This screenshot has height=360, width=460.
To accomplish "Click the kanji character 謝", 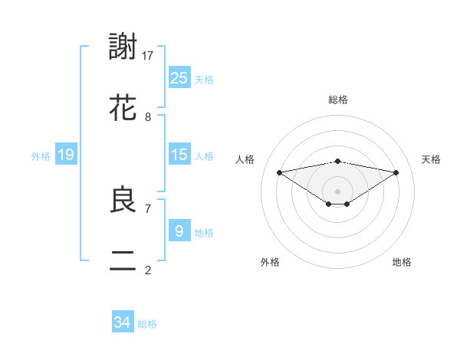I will click(123, 47).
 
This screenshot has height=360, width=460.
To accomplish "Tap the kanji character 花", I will click(123, 109).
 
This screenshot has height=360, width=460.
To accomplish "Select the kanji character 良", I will click(123, 200).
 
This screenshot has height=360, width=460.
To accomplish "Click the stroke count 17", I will click(148, 55).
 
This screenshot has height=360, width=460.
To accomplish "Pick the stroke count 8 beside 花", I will click(148, 117).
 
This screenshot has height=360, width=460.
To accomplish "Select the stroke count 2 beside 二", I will click(148, 270).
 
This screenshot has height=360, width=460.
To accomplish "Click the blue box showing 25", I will click(179, 78).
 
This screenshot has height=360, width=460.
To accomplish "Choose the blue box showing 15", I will click(179, 155).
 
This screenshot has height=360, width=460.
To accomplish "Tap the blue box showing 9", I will click(179, 231).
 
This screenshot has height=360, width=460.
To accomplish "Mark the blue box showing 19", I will click(66, 155).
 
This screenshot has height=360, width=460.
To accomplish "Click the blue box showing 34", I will click(123, 322).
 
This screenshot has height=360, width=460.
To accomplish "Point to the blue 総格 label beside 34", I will click(147, 324).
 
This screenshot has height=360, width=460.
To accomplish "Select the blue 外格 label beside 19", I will click(41, 156).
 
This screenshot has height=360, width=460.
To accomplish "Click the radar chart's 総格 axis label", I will click(338, 100).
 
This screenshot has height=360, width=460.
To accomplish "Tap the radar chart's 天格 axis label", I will click(432, 159).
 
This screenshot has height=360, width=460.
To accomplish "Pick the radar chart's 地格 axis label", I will click(402, 263).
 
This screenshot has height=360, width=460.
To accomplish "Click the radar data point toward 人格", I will click(280, 172).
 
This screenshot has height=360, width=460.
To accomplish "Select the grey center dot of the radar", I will click(338, 191).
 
